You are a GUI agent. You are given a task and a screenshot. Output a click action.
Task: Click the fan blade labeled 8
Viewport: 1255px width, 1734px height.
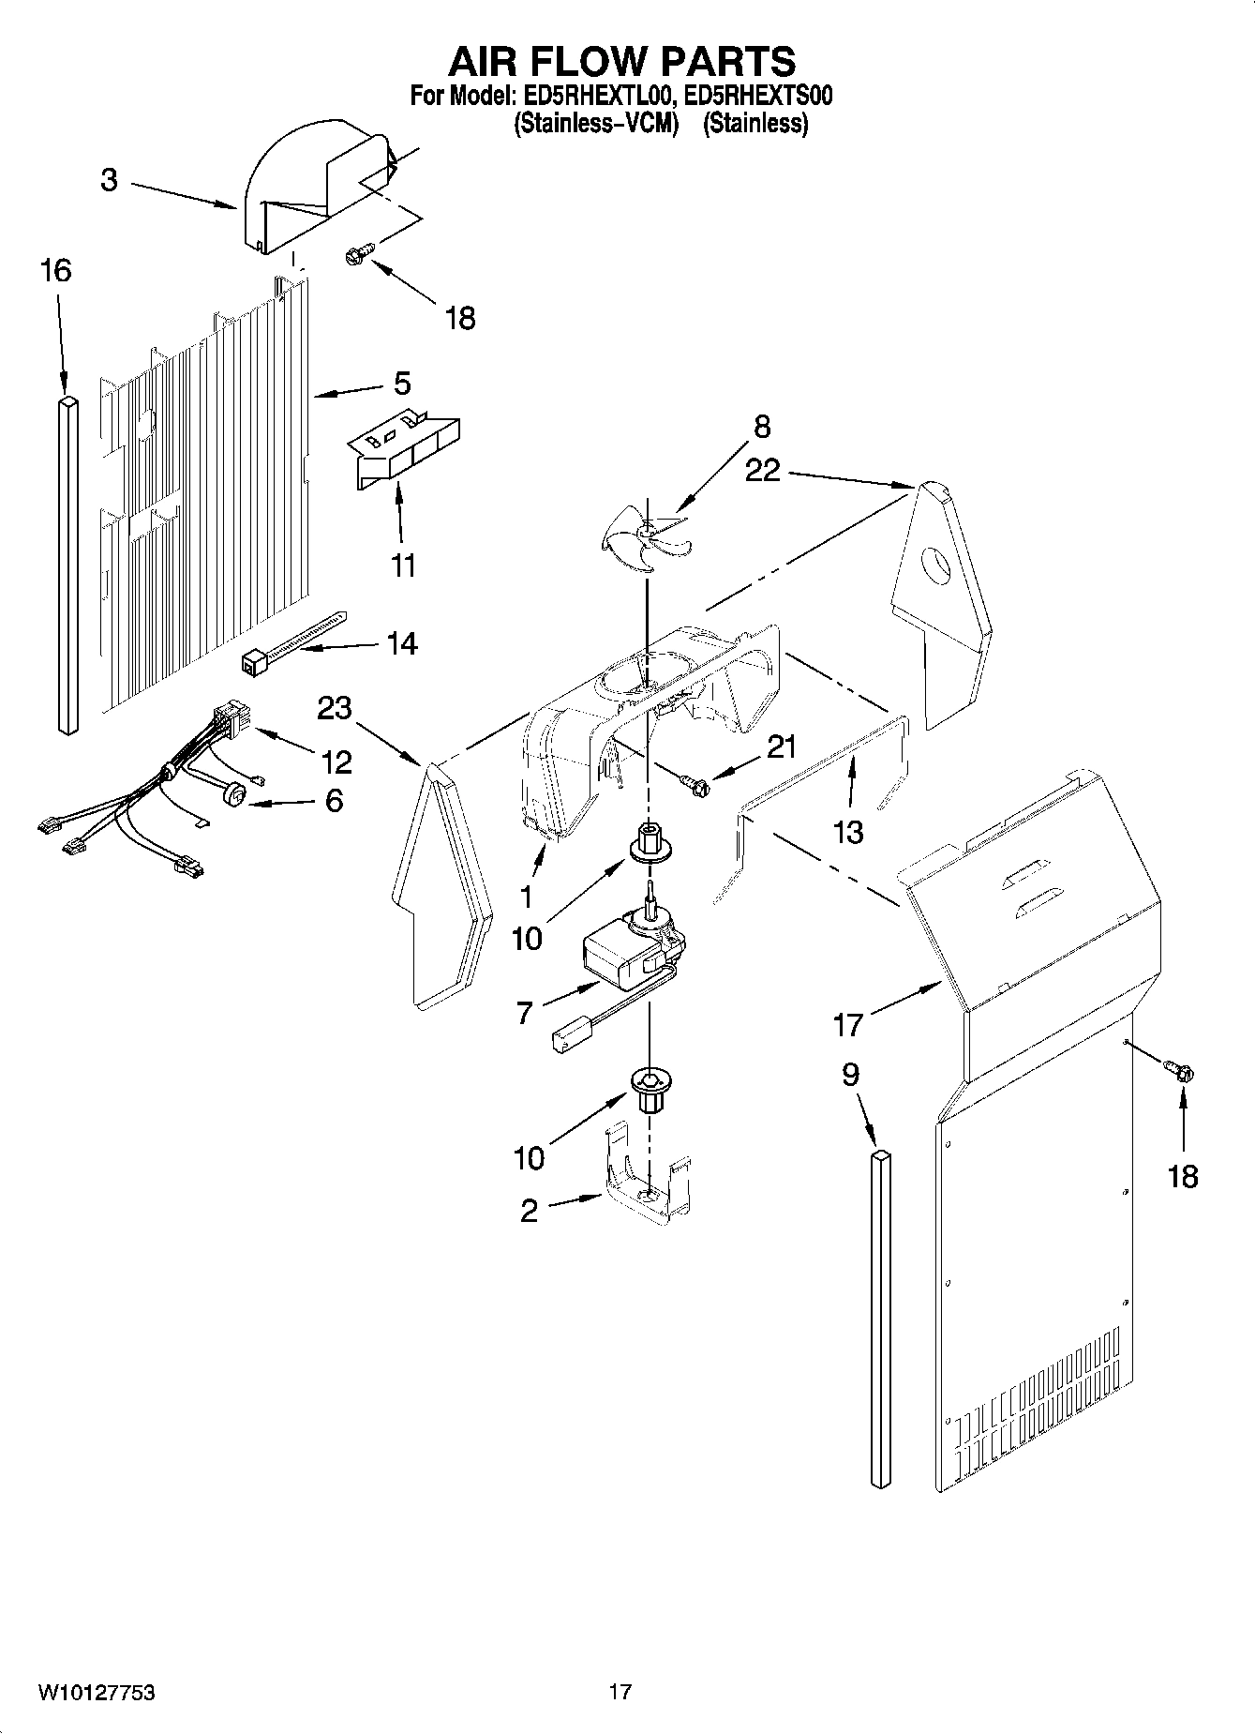click(x=643, y=537)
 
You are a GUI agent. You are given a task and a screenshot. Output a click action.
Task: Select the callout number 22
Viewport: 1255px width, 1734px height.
click(x=762, y=470)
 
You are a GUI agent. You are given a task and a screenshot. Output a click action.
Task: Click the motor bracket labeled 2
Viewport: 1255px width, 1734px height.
click(x=647, y=1186)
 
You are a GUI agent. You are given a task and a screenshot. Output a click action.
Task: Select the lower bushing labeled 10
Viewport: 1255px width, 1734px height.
click(x=648, y=1088)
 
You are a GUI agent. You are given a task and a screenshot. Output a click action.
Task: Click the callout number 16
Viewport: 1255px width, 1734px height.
click(x=55, y=271)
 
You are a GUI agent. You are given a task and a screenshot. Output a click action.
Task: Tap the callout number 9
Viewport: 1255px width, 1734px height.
click(x=850, y=1074)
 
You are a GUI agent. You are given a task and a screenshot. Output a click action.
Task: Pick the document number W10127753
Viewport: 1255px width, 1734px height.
click(x=97, y=1692)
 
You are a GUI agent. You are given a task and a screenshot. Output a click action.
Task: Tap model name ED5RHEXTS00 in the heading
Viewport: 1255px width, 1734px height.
click(x=757, y=97)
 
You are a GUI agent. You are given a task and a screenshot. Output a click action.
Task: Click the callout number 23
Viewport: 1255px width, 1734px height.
click(x=335, y=707)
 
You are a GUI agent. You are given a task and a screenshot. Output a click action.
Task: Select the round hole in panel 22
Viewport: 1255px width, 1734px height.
click(x=937, y=565)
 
